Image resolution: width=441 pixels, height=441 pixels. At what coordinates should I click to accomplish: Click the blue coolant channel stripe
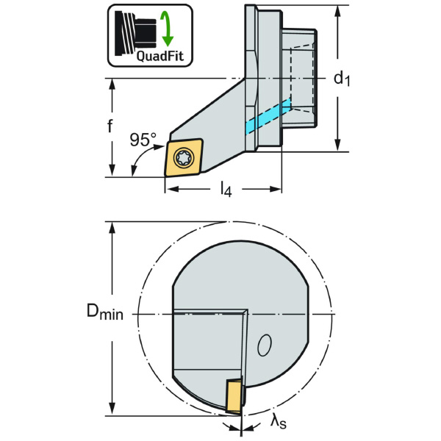(267, 116)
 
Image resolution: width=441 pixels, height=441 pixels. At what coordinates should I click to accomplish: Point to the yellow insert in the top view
(184, 156)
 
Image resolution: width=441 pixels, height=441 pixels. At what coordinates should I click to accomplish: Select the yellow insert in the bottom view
(234, 396)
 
